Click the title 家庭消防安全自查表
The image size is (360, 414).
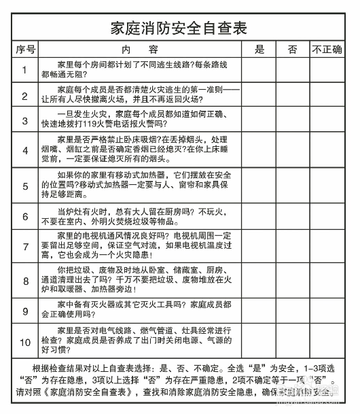point(179,29)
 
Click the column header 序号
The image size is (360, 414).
point(25,50)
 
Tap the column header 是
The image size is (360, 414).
point(259,50)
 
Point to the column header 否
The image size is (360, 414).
point(293,50)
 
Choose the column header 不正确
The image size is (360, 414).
point(327,50)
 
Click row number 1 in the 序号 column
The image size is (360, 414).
point(25,69)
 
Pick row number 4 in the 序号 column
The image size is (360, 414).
point(25,151)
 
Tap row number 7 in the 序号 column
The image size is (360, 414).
point(25,247)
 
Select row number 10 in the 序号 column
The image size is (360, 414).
point(25,342)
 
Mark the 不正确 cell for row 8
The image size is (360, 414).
point(327,280)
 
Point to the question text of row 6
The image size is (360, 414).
point(139,217)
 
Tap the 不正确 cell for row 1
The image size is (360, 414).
point(327,69)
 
